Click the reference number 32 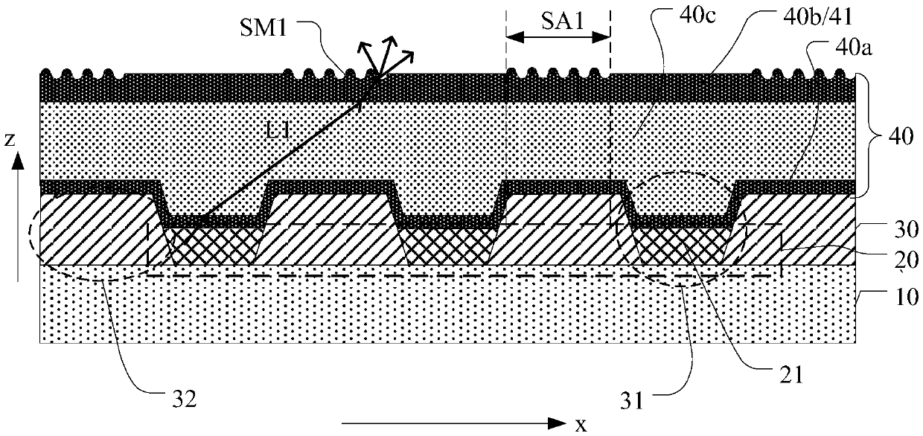(x=180, y=399)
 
